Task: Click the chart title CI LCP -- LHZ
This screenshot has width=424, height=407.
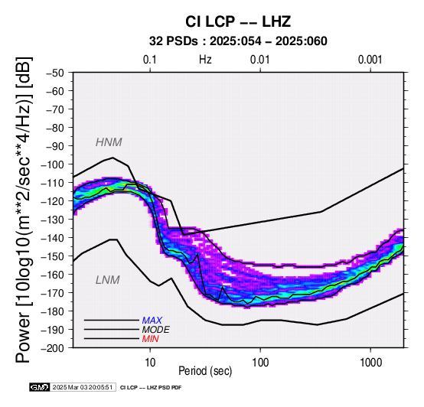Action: pyautogui.click(x=238, y=21)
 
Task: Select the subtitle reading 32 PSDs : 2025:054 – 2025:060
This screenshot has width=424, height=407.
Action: pyautogui.click(x=238, y=41)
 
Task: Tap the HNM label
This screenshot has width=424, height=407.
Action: pyautogui.click(x=109, y=142)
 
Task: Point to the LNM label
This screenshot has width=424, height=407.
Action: pyautogui.click(x=108, y=280)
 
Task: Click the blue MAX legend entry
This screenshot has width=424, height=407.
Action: pyautogui.click(x=152, y=321)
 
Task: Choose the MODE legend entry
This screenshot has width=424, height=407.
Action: pyautogui.click(x=156, y=330)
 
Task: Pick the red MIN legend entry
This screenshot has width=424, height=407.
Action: pyautogui.click(x=150, y=339)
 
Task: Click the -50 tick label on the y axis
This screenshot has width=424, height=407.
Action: pyautogui.click(x=55, y=73)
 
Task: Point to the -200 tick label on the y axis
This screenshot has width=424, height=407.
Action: pyautogui.click(x=53, y=348)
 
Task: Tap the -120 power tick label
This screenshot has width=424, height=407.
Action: pyautogui.click(x=53, y=201)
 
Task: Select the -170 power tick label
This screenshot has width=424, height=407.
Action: pyautogui.click(x=53, y=293)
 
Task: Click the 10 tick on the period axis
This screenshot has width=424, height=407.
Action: pyautogui.click(x=150, y=363)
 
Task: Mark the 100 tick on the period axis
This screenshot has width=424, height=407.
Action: pyautogui.click(x=260, y=363)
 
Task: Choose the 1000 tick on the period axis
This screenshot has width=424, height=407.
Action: pyautogui.click(x=370, y=363)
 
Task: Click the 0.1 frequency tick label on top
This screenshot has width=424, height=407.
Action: pyautogui.click(x=150, y=60)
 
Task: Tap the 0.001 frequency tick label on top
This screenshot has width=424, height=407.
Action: pyautogui.click(x=370, y=60)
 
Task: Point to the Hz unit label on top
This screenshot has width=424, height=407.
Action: pyautogui.click(x=205, y=60)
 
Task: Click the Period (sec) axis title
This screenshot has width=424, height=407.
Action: pyautogui.click(x=205, y=371)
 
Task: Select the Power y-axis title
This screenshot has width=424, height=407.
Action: pyautogui.click(x=24, y=210)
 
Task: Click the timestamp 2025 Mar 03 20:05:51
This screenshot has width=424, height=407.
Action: pyautogui.click(x=83, y=387)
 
